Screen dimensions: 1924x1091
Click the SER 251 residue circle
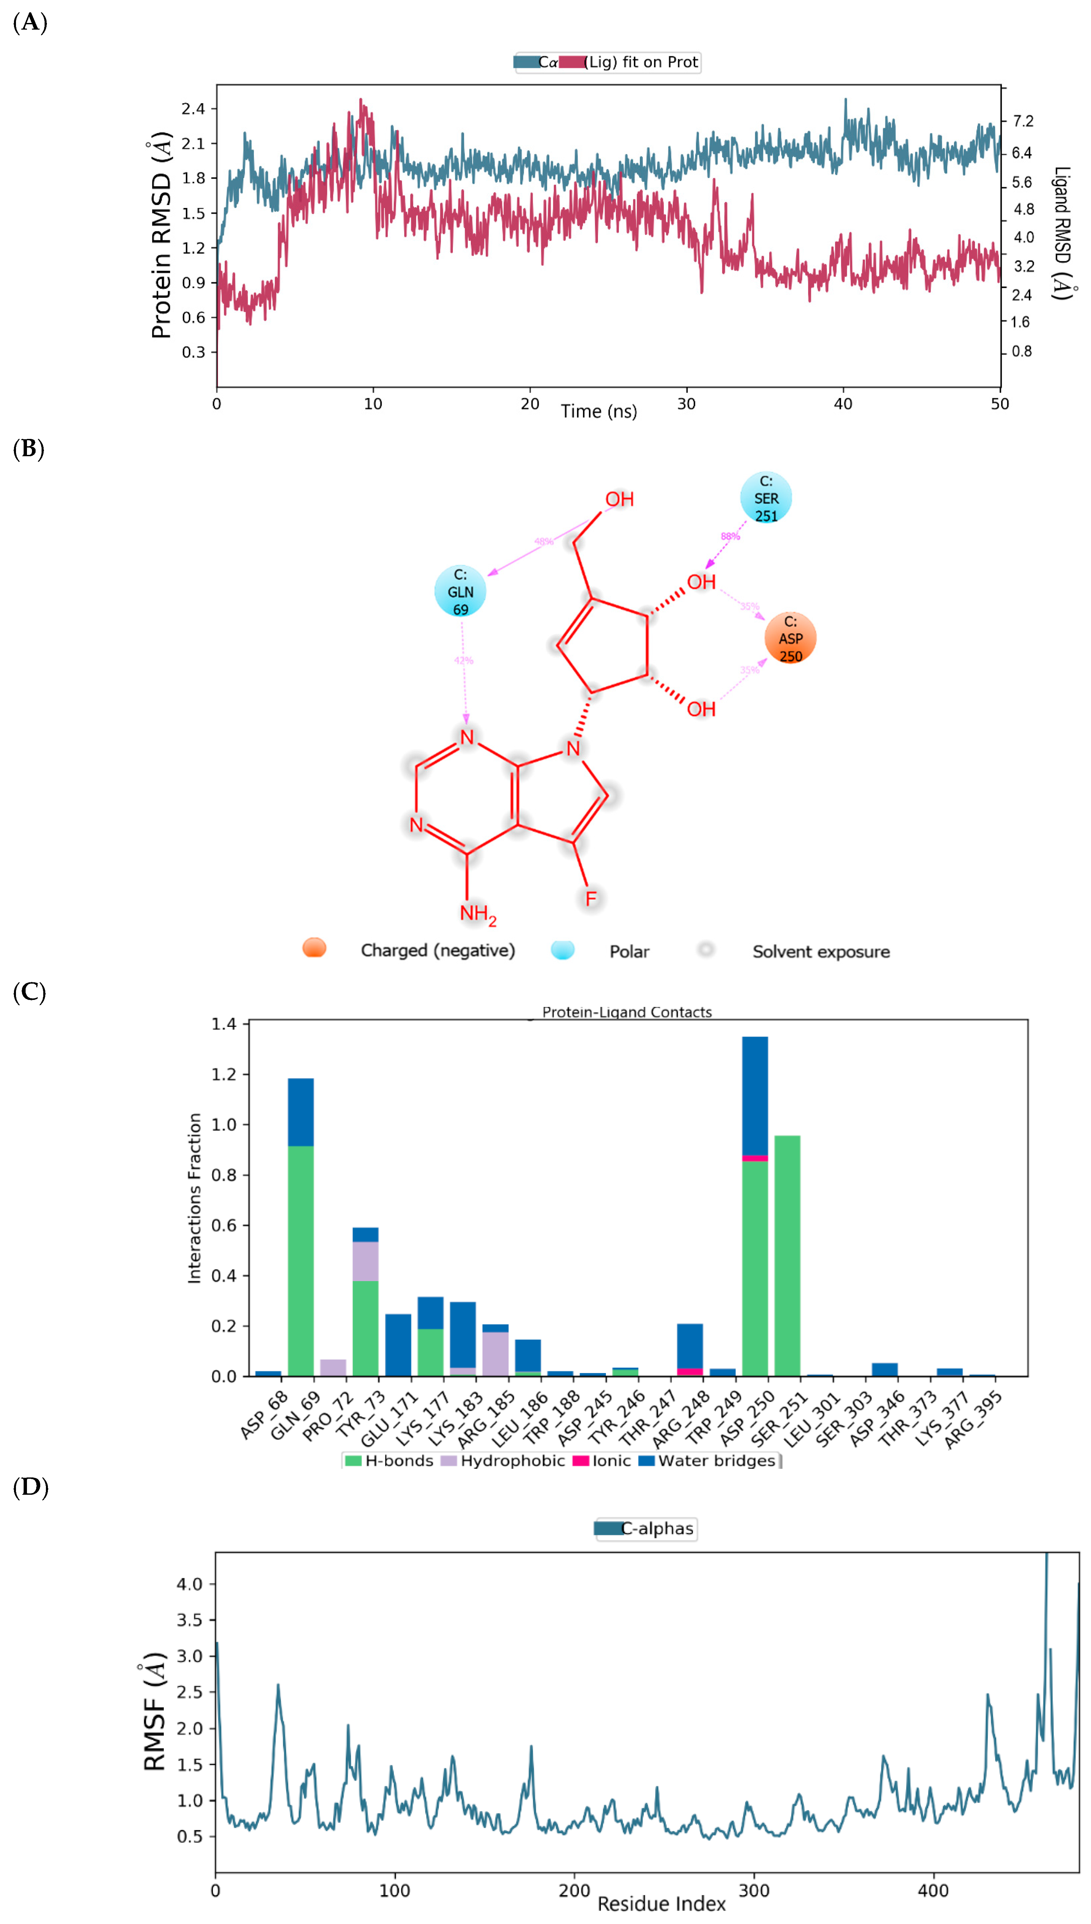[x=766, y=497]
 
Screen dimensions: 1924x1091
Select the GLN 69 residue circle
[x=460, y=591]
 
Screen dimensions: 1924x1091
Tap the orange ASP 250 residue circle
[x=790, y=638]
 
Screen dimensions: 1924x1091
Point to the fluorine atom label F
[x=591, y=898]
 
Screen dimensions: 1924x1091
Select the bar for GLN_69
[x=300, y=1229]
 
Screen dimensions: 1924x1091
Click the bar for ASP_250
[x=755, y=1206]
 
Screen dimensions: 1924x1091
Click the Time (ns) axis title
[x=599, y=411]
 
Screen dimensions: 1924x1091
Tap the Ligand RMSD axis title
[x=1062, y=232]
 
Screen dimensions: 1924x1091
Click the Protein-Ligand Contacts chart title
[x=627, y=1012]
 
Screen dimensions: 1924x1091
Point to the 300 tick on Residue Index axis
[x=754, y=1890]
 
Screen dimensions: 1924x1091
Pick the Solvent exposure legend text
[x=820, y=951]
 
